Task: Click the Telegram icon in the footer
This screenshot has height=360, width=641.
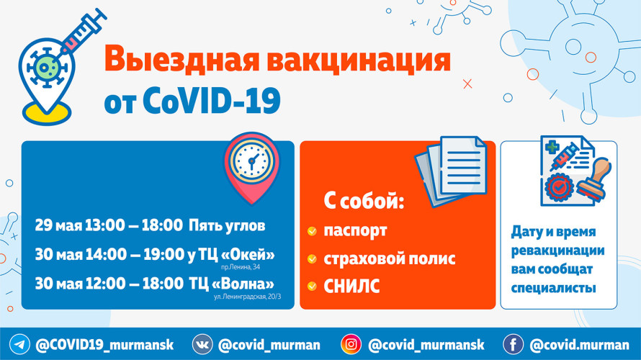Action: (19, 344)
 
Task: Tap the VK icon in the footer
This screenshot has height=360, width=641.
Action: (202, 344)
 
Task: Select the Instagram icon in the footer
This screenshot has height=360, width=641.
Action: (351, 344)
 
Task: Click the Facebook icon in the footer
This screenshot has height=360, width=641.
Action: (513, 344)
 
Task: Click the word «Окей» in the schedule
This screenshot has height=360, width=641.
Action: (248, 255)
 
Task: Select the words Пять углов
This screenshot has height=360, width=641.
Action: (227, 226)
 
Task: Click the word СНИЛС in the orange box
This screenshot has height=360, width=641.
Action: (351, 287)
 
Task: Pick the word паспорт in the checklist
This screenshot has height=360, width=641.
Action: (355, 231)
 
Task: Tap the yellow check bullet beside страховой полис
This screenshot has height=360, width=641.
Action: (312, 259)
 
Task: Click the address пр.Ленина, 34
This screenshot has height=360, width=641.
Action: (241, 267)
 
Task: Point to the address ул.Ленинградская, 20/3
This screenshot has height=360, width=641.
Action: (247, 297)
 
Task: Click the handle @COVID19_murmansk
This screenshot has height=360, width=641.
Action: (104, 345)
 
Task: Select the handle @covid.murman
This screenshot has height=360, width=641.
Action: (579, 345)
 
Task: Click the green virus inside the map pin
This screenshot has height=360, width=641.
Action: (47, 68)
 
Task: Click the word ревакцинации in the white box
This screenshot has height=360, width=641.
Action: (557, 251)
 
